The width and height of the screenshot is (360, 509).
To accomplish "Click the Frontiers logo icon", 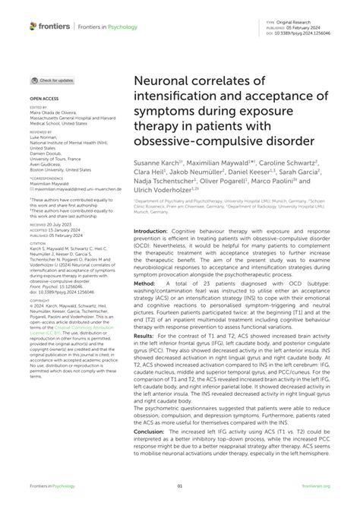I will [33, 26].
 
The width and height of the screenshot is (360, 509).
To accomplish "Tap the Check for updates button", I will [52, 80].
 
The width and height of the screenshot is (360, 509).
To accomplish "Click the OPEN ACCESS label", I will [44, 99].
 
